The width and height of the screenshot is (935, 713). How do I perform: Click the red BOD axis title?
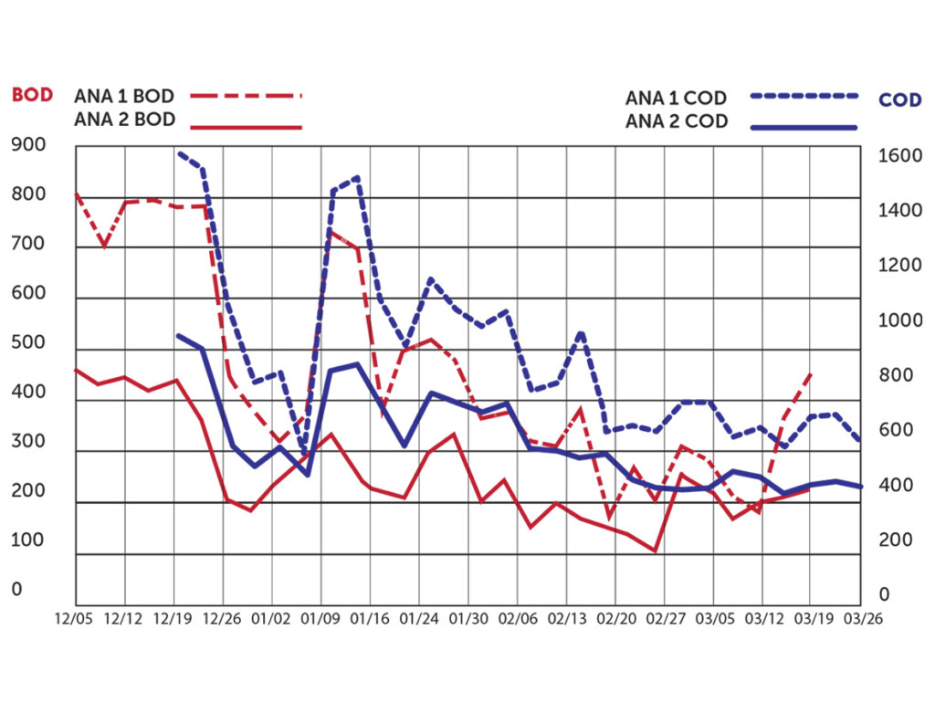pos(31,94)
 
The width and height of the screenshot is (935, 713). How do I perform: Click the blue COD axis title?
pos(899,100)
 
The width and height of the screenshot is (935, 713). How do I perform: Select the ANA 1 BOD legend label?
pos(124,96)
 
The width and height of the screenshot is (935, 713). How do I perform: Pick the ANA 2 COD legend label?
pos(677,121)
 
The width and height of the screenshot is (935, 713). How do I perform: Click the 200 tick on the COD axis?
pos(892,540)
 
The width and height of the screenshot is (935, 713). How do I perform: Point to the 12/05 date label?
pos(76,619)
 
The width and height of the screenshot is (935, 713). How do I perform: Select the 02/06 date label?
pos(517,619)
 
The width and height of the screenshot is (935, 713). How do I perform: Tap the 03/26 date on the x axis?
pos(861,619)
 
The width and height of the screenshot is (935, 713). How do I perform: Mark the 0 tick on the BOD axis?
pos(16,589)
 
